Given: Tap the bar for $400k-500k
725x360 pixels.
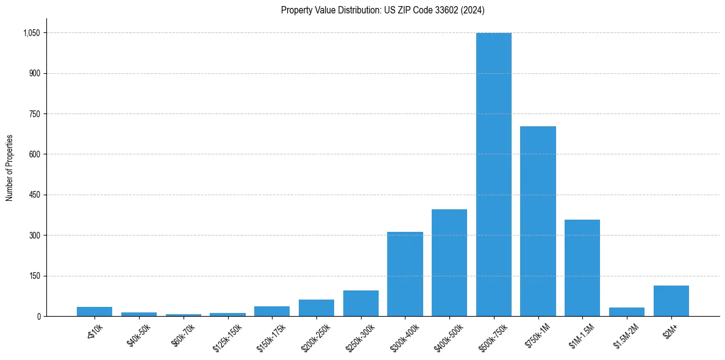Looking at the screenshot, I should (x=449, y=263).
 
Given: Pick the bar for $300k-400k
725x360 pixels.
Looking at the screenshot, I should (x=405, y=274).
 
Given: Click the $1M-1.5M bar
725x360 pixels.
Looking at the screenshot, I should (x=582, y=268).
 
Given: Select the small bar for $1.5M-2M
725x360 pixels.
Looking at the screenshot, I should (x=626, y=312).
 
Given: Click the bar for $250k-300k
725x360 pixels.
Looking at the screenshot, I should (x=360, y=303).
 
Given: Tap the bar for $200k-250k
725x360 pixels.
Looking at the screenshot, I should (x=316, y=308).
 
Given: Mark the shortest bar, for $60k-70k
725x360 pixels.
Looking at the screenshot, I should (x=183, y=315).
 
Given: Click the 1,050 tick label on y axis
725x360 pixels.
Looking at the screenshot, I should (x=32, y=33).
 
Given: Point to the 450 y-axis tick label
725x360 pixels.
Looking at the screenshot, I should (x=35, y=195).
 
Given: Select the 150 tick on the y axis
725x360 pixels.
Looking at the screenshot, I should (x=35, y=276).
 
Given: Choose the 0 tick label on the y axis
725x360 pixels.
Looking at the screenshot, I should (x=38, y=317).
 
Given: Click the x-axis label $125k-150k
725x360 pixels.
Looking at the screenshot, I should (x=227, y=335).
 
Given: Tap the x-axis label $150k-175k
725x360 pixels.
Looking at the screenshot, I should (x=271, y=335).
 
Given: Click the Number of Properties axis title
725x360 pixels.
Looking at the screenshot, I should (x=9, y=168).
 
